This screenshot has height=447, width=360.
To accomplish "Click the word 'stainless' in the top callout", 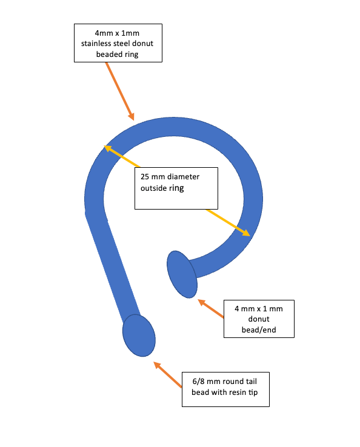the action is pos(96,44).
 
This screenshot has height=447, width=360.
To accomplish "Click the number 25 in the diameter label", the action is pos(145,177).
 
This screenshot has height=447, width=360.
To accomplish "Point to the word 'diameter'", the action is pos(185,177).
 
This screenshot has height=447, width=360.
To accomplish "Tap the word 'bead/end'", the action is pos(259,330).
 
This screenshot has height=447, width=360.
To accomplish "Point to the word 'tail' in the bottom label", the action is pos(252,382).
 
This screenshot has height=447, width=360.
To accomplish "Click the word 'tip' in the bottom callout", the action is pos(253,392).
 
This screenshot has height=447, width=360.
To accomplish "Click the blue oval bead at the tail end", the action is pos(139,336).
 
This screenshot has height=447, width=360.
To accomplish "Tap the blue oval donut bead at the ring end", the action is pos(182,274).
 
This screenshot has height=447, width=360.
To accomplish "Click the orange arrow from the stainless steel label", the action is pos(119,91).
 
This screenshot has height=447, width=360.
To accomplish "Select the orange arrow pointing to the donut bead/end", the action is pos(211,308).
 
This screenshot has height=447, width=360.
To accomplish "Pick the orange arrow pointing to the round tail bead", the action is pos(167,374).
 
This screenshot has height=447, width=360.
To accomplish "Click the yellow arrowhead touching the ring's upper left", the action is pos(108,148).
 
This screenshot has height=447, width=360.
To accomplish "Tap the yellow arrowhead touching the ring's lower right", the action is pos(246,233).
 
